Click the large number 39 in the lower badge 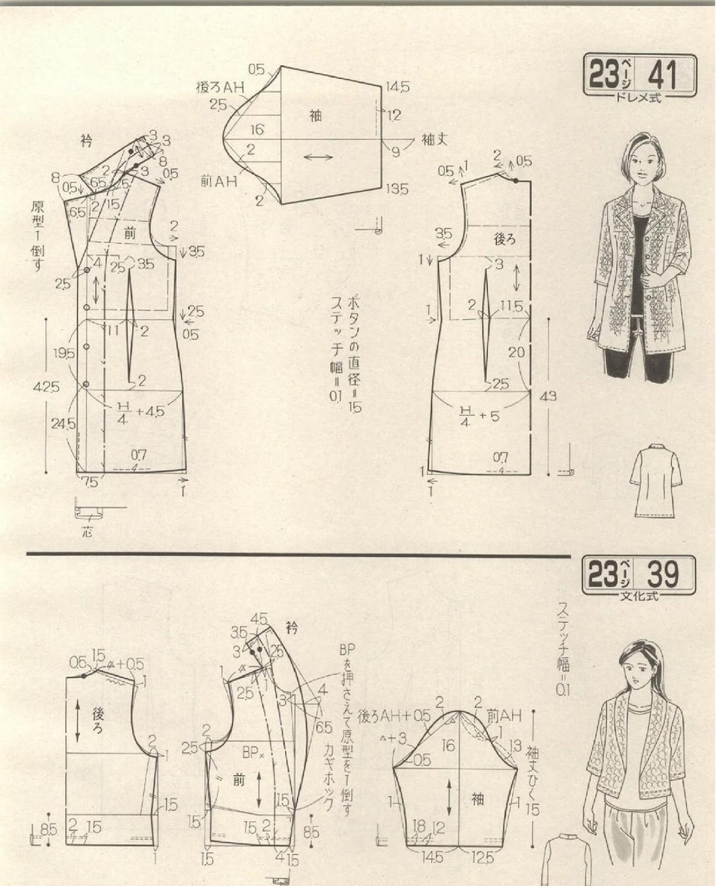click(663, 575)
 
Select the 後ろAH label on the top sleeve click(221, 87)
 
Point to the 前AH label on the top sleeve click(219, 181)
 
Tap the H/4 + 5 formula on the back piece click(479, 414)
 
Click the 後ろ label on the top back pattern click(504, 239)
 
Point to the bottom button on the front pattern click(86, 383)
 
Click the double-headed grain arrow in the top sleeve click(319, 158)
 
